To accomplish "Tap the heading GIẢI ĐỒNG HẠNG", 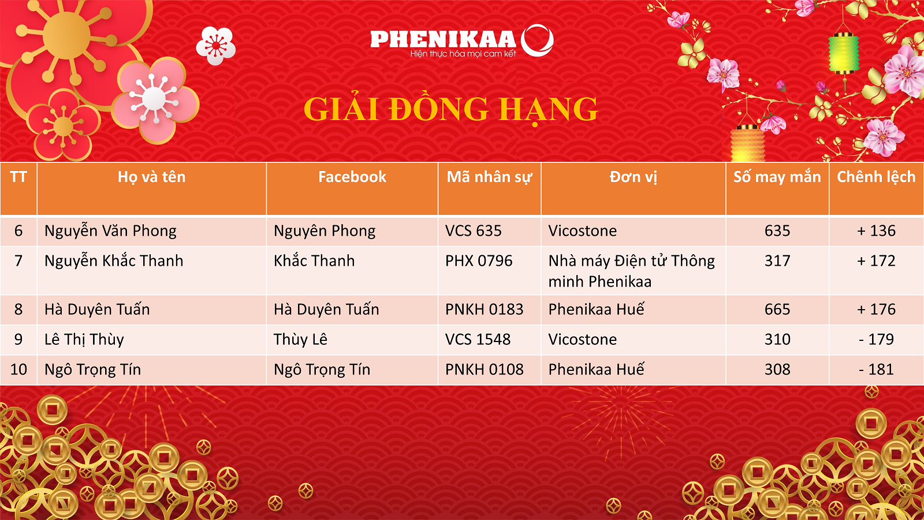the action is coord(450,109).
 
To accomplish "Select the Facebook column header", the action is coord(352,177).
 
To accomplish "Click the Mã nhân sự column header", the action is coord(489,177).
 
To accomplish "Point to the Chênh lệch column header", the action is coord(876,177).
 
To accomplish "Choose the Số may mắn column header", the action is coord(777,177).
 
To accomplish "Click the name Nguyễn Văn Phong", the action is coord(110,231).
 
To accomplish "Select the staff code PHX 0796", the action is coord(479,261).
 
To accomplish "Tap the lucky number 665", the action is coord(777,310).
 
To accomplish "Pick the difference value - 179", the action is coord(876,339).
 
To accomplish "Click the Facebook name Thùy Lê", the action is coord(300,339).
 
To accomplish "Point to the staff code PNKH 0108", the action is coord(485,369).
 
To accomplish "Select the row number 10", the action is coord(18,369).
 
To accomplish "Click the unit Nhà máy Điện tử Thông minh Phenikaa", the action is coord(632,271).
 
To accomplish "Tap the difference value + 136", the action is coord(876,231).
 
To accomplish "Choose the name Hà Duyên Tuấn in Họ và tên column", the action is coord(97,310).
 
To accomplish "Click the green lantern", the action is coord(844,54).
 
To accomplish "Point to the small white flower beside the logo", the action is coord(216,46).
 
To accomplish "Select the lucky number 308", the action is coord(777,369).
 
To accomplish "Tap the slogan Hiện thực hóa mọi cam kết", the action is coord(463,54).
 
